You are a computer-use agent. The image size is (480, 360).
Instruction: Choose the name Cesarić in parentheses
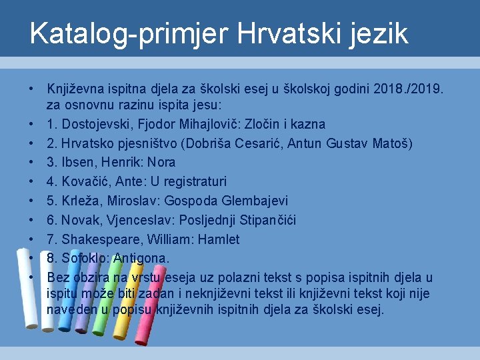coord(268,143)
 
